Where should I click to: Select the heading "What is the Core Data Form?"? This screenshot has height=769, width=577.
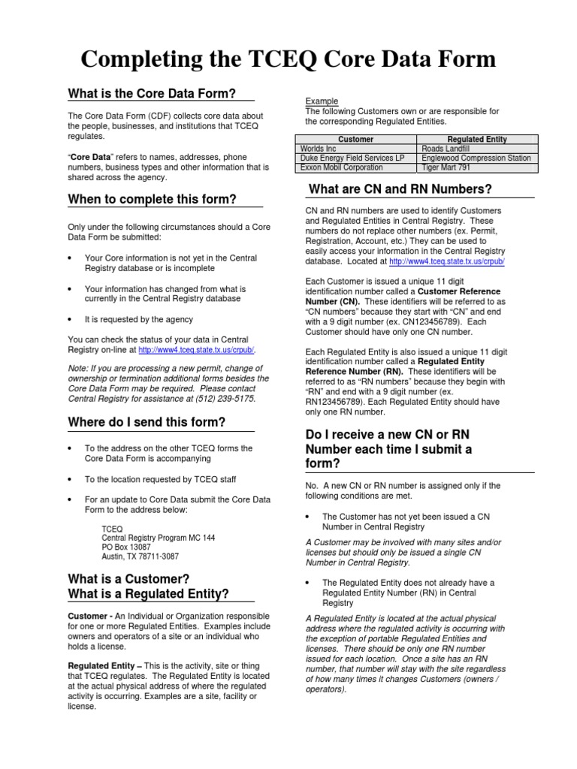coord(152,94)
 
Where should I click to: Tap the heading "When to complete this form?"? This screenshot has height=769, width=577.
coord(152,199)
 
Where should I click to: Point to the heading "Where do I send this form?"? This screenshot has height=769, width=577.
coord(147,422)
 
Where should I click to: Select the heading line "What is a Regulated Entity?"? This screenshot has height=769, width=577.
coord(148,594)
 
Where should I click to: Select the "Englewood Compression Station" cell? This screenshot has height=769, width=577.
coord(476,158)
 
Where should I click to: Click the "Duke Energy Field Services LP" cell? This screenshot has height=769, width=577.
coord(352,158)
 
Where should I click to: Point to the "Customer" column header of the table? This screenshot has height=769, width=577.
coord(356,140)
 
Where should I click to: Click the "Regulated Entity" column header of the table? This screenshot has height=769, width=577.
coord(477,140)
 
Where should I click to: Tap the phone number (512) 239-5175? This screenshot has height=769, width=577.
coord(227,399)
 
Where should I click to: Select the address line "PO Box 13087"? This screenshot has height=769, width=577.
coord(127,547)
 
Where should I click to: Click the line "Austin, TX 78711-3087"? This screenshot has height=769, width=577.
coord(140,556)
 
